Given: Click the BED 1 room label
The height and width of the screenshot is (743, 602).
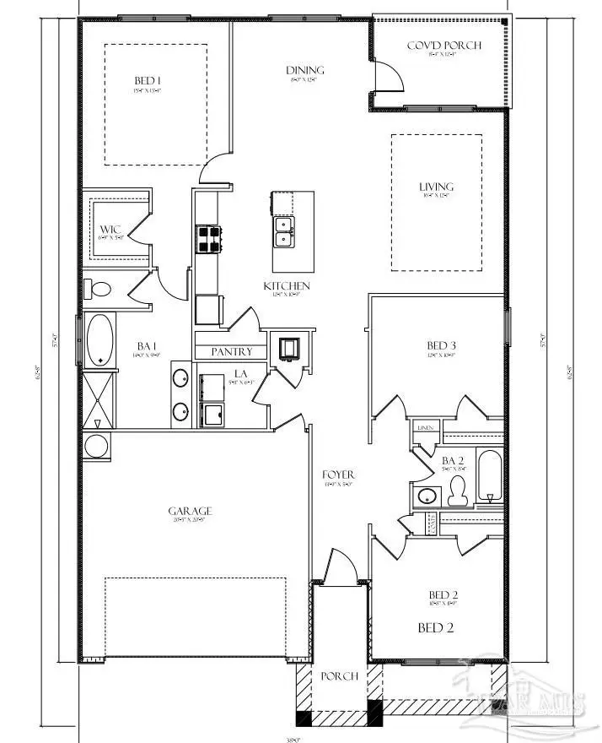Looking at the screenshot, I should pos(148,81).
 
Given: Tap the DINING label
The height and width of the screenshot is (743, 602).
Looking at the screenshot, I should pos(304,71).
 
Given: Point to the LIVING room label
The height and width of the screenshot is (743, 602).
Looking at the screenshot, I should pos(437,187).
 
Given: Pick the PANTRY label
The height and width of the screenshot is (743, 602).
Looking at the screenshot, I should pos(232,351).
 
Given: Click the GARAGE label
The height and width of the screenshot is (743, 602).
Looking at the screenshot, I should pos(189,511).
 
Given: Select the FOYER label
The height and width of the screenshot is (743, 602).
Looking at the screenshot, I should pos(339,475).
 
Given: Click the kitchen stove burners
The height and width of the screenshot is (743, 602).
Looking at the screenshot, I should pos(208,240).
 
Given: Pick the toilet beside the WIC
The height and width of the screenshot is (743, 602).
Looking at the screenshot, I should pos(100,290).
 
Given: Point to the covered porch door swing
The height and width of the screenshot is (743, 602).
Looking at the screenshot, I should pos(390,73).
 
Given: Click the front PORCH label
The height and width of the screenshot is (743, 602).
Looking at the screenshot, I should pos(339,676).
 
